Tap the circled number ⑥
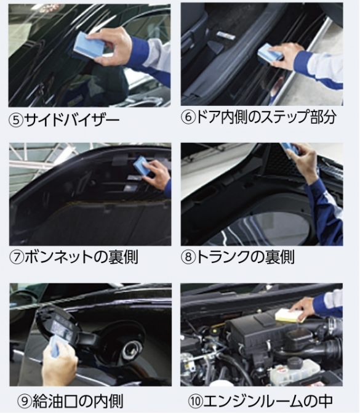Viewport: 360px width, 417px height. [x=188, y=117]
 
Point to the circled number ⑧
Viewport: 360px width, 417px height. [x=188, y=257]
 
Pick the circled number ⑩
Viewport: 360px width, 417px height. [x=195, y=402]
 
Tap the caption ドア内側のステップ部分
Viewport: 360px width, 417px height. [x=266, y=117]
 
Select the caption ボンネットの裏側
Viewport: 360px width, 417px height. [x=81, y=257]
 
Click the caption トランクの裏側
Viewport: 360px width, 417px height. [x=245, y=257]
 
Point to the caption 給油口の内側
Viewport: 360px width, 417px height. [x=78, y=402]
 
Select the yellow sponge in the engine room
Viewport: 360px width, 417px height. [x=289, y=315]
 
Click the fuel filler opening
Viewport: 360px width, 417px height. [x=130, y=349]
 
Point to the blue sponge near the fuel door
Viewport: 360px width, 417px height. [x=56, y=345]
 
